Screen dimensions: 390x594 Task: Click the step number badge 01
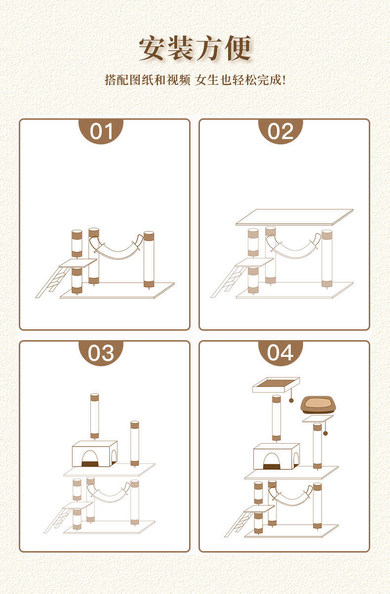101,132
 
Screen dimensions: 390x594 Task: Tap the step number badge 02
280,132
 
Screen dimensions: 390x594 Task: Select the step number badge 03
101,353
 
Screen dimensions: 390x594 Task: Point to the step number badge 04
280,353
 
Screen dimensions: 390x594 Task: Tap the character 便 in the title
237,48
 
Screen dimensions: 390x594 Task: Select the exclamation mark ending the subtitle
284,80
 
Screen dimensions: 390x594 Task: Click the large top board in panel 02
294,217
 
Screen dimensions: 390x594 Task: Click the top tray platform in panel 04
276,385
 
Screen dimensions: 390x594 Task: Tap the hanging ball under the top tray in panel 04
291,400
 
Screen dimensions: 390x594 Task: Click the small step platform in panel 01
78,263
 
